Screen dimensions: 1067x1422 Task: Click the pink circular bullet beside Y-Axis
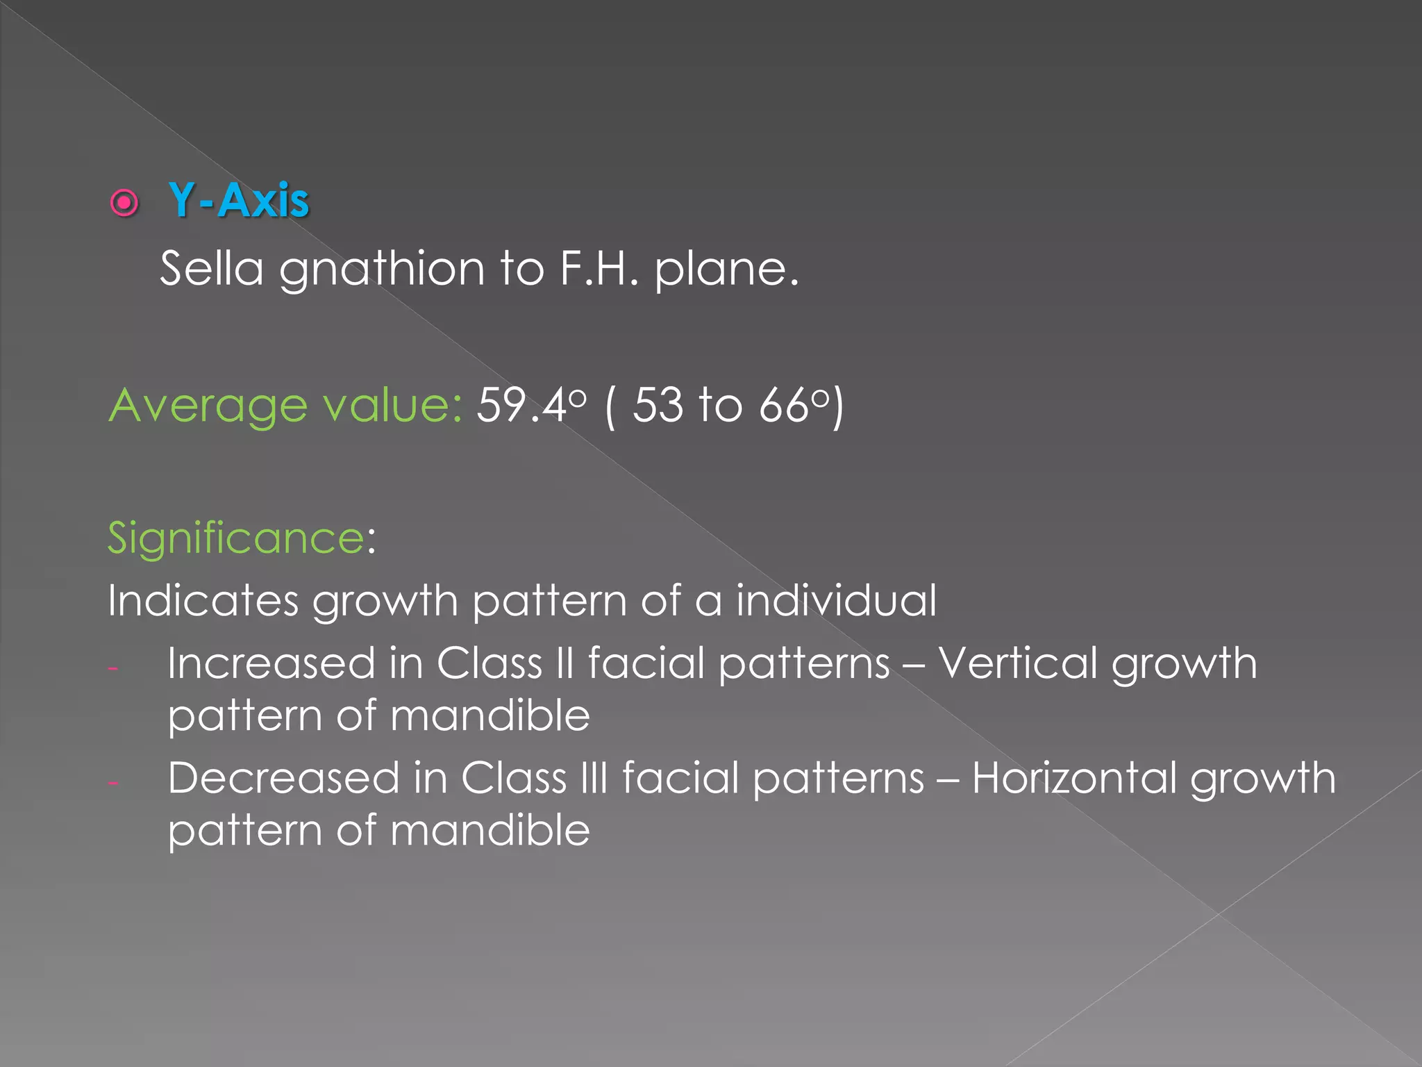(x=125, y=203)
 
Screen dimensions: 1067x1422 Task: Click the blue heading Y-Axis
(x=238, y=201)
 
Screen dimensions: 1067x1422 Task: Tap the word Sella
(x=212, y=268)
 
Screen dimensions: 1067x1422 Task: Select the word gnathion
(x=382, y=270)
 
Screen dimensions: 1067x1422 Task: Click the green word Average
(x=208, y=406)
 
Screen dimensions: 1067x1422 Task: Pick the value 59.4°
(x=530, y=404)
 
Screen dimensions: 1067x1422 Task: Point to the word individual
(x=836, y=600)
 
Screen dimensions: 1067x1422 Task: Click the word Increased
(x=271, y=663)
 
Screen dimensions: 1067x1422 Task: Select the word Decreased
(x=283, y=777)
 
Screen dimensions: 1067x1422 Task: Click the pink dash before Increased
(x=113, y=669)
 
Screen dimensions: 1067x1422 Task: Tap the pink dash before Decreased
(x=113, y=784)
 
